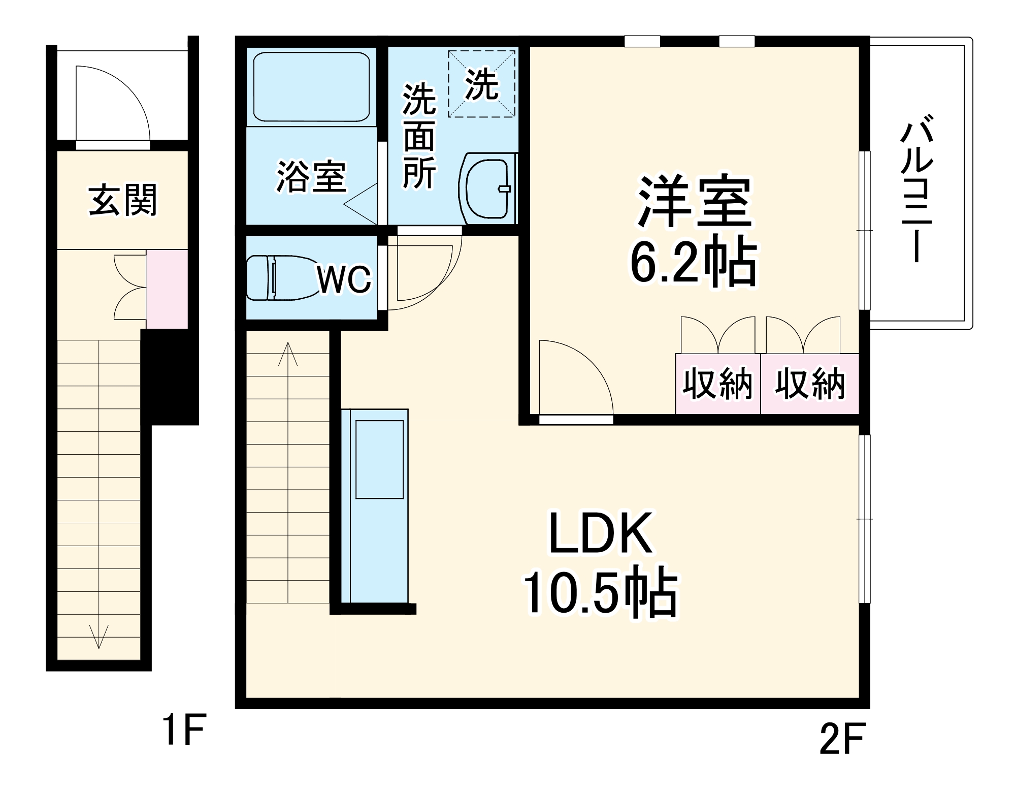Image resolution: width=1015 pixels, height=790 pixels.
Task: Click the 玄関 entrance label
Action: [123, 200]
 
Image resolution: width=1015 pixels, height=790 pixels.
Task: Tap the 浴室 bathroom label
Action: [311, 177]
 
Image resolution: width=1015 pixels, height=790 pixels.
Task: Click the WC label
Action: [344, 279]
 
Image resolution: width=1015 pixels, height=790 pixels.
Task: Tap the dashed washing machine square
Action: [481, 84]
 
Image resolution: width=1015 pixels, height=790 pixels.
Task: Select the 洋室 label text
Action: [694, 202]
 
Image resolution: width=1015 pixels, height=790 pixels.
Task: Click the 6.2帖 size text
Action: [694, 260]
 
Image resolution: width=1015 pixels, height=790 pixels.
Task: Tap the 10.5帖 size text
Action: [600, 593]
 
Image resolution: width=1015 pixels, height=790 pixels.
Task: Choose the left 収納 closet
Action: [717, 384]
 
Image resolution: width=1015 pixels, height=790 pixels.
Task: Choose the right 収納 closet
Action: [809, 384]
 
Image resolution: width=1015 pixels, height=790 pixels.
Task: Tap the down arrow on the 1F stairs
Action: [99, 637]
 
